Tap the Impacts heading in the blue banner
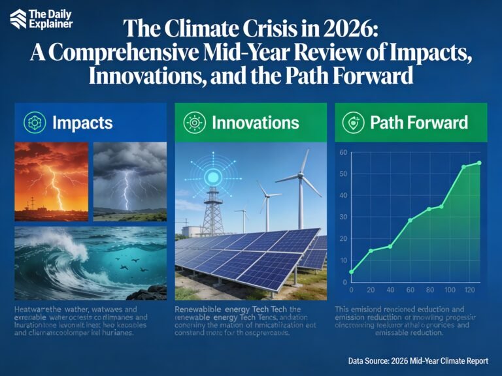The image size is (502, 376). (x=83, y=122)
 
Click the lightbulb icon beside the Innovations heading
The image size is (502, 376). (x=194, y=122)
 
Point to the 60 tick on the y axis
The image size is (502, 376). (x=342, y=152)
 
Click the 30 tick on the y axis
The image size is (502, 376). (x=342, y=217)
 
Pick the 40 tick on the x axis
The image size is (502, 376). (x=391, y=289)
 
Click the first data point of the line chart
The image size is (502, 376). (x=352, y=272)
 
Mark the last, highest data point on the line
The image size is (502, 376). (x=479, y=163)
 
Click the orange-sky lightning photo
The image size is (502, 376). (x=51, y=178)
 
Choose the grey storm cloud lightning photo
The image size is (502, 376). (x=131, y=178)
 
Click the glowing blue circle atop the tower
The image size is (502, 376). (x=213, y=177)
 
